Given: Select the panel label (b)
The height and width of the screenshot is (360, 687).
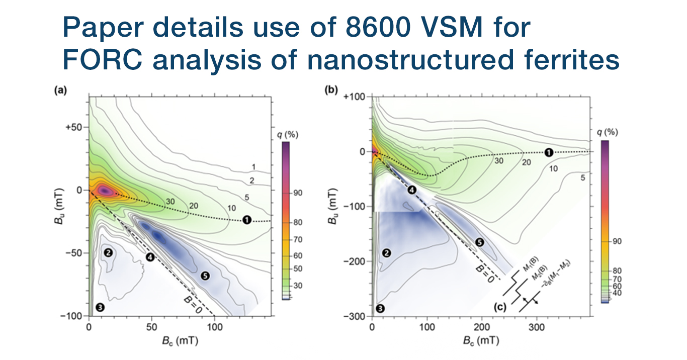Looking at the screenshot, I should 346,92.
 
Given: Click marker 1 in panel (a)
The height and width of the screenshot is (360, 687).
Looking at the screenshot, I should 246,220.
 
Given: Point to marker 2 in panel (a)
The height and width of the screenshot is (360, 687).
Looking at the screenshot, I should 108,252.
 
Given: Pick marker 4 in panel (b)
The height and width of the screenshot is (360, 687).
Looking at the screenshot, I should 412,190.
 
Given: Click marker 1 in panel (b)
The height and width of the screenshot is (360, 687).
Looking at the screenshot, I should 549,152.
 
